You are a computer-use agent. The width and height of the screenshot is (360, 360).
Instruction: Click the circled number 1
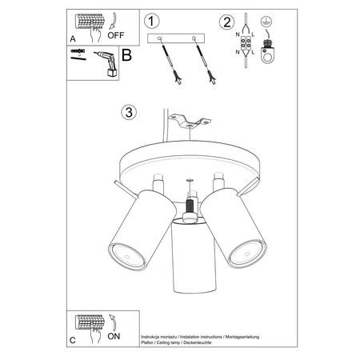click(154, 20)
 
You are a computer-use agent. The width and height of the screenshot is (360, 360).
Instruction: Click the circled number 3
click(126, 111)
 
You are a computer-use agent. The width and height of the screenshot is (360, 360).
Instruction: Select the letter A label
click(73, 37)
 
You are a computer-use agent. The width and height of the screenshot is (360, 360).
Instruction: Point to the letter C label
click(73, 339)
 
